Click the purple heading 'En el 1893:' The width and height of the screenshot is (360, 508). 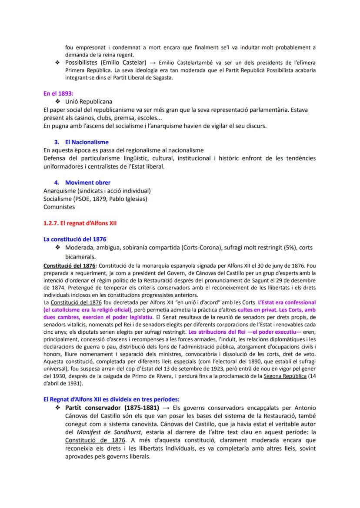(58, 93)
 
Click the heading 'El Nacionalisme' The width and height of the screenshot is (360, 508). (87, 142)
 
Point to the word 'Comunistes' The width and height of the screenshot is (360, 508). (59, 207)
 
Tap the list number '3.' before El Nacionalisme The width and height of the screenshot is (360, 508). (57, 142)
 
